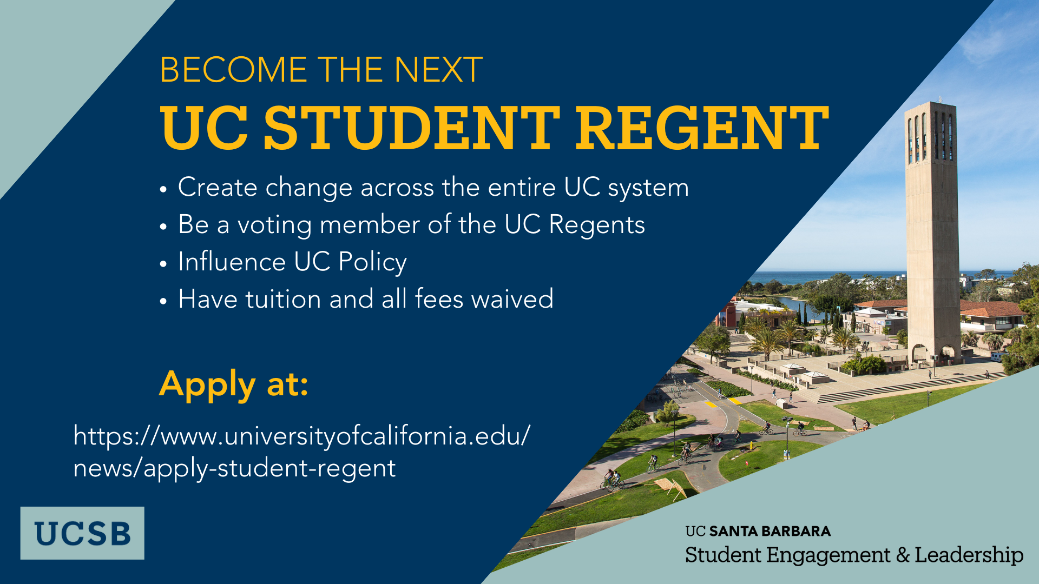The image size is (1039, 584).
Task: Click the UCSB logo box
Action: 82,533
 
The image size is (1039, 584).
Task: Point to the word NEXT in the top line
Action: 438,70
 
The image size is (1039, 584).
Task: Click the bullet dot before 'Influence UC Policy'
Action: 163,264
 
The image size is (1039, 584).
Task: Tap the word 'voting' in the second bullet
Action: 275,225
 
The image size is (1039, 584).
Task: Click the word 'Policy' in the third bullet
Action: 372,262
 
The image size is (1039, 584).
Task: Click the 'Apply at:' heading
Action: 234,385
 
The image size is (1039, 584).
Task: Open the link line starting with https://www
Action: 302,436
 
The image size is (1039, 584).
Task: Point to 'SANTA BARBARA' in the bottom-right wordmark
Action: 770,531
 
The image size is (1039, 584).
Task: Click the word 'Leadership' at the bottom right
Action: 969,555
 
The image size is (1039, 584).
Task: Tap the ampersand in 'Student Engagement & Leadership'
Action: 903,555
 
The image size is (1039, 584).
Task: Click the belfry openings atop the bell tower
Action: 930,138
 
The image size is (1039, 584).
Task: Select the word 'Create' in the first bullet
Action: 218,188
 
